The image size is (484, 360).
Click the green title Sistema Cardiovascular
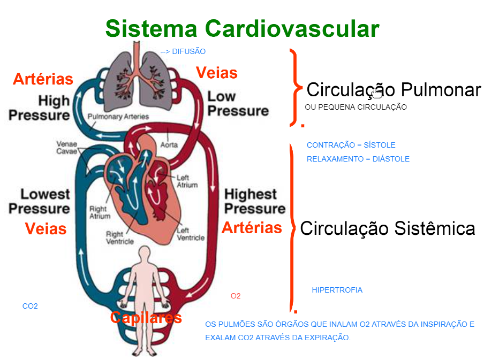click(243, 28)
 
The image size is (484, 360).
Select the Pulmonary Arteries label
click(118, 117)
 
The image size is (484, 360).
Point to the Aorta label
click(169, 144)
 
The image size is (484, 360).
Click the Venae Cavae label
click(67, 148)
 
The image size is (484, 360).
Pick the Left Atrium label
click(187, 181)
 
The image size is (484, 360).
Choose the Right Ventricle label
click(120, 238)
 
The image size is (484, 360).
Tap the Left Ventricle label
click(191, 234)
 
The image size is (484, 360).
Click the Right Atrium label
click(100, 212)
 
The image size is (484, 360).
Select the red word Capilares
click(146, 317)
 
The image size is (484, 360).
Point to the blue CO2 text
click(30, 306)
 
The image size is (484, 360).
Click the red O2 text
click(236, 296)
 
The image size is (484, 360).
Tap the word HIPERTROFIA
click(337, 290)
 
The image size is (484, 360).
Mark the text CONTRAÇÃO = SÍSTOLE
click(351, 145)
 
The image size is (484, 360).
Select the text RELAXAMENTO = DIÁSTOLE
click(358, 159)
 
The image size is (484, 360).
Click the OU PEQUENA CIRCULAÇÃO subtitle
click(356, 107)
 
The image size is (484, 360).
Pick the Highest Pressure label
click(255, 202)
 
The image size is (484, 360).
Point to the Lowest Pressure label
click(39, 202)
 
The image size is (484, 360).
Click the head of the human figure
click(144, 253)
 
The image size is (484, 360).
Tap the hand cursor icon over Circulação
click(377, 93)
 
